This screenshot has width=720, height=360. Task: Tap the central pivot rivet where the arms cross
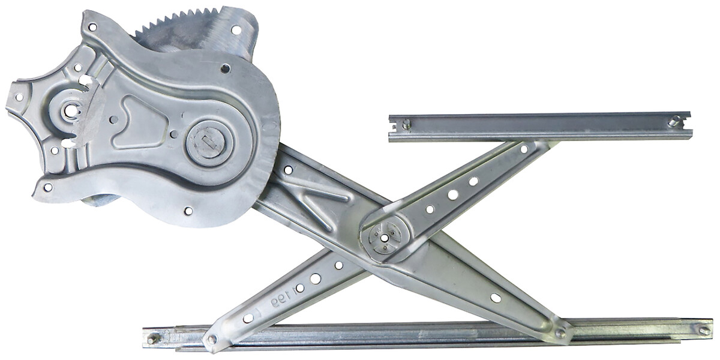click(384, 238)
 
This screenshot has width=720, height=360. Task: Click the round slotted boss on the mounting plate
click(207, 144)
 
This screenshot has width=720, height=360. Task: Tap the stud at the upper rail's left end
click(406, 124)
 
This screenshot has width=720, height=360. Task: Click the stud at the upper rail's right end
click(674, 122)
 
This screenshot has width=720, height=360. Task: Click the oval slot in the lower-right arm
click(496, 298)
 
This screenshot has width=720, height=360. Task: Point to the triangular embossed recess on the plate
click(141, 123)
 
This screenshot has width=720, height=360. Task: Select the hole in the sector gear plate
click(236, 29)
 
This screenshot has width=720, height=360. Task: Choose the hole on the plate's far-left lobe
click(19, 97)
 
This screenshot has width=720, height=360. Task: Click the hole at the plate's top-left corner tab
click(92, 27)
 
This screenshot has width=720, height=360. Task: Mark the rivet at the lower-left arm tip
click(211, 340)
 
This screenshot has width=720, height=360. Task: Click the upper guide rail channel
click(540, 127)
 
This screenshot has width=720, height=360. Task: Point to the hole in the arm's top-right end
click(524, 148)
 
